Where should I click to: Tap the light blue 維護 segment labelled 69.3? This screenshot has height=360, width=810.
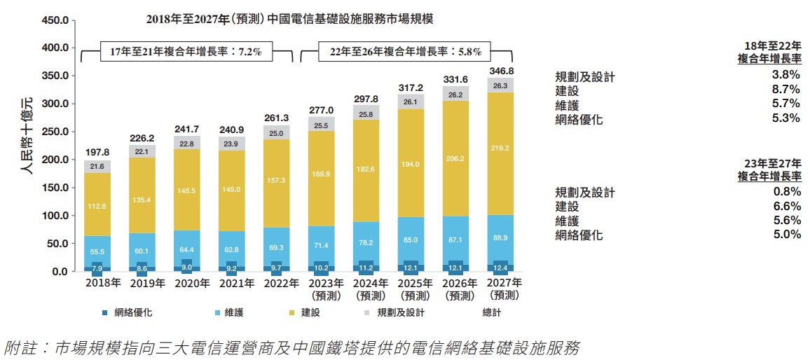click(x=276, y=248)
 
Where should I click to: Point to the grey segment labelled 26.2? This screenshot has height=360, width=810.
click(x=456, y=95)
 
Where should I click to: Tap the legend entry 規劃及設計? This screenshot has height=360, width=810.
click(x=400, y=312)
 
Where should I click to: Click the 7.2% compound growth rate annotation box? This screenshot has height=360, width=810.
click(x=186, y=52)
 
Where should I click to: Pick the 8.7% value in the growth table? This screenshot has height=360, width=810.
click(x=785, y=90)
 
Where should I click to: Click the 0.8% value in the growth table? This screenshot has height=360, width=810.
click(x=785, y=192)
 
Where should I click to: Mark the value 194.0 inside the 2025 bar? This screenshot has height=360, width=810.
click(x=411, y=164)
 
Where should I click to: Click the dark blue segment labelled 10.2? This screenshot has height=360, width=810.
click(x=322, y=268)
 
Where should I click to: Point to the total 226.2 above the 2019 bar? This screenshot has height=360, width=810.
click(x=142, y=138)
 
